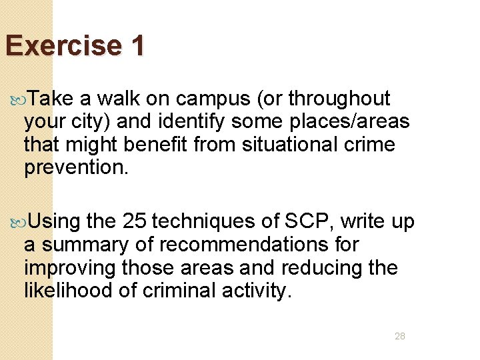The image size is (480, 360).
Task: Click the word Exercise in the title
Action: [63, 46]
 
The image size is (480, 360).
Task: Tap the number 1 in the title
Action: [137, 46]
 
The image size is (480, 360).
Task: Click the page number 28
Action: [399, 336]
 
